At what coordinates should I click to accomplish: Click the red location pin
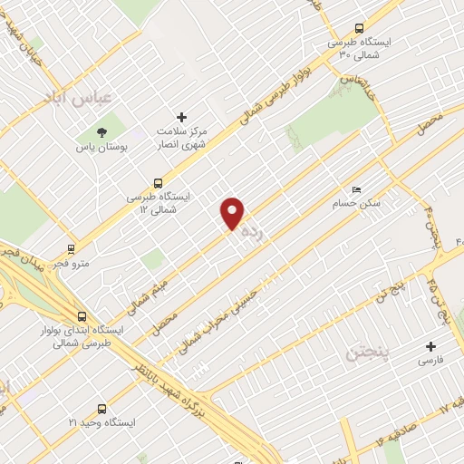coord(233,213)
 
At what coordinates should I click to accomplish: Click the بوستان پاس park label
coord(100,147)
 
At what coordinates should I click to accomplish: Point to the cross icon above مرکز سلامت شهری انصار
coord(181,117)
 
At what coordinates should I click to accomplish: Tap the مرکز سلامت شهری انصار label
coord(181,138)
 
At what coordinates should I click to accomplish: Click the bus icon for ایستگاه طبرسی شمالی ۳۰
coord(360,27)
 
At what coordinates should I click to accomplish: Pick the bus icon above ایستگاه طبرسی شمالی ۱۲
coord(159,181)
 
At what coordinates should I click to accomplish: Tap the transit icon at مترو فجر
coord(71,247)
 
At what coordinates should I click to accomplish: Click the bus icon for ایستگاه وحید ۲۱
coord(101,409)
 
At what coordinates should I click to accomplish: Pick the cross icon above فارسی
coord(430,346)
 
